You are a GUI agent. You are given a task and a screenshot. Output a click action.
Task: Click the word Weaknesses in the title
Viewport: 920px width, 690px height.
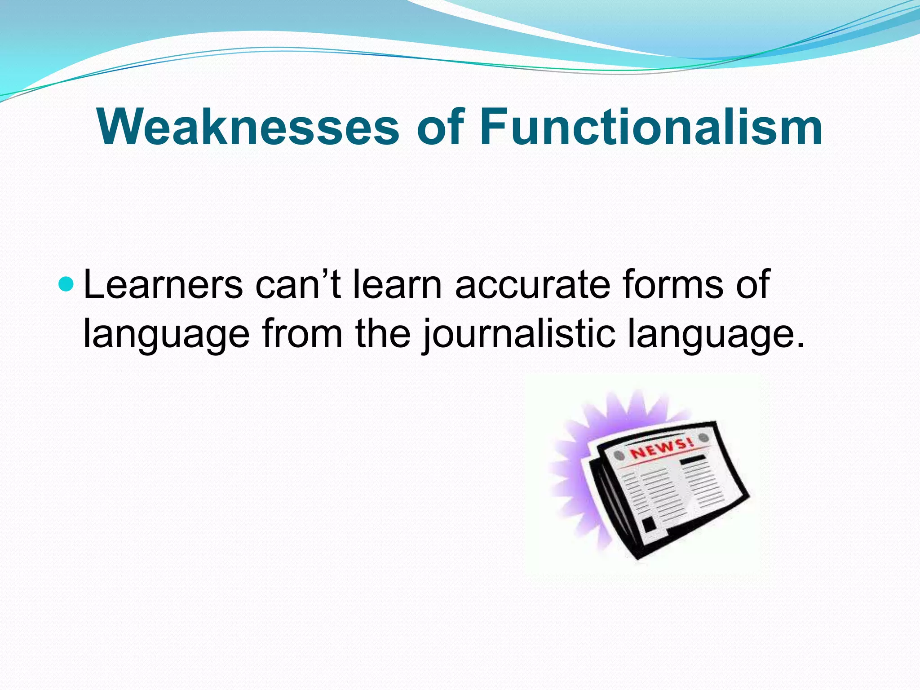coord(247,128)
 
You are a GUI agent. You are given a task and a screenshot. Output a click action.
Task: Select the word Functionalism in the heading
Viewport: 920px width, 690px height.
coord(651,128)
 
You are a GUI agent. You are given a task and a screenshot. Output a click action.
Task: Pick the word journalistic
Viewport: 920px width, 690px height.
coord(519,335)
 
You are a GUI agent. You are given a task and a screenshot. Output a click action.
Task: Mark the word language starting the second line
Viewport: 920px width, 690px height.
coord(166,335)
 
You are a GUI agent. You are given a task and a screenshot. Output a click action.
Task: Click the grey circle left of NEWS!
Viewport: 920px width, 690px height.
coord(620,456)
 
